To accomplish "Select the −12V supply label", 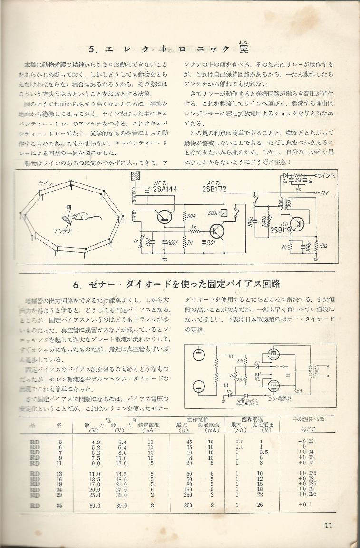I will (x=324, y=192).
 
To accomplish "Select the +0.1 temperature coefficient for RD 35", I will (x=308, y=505).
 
